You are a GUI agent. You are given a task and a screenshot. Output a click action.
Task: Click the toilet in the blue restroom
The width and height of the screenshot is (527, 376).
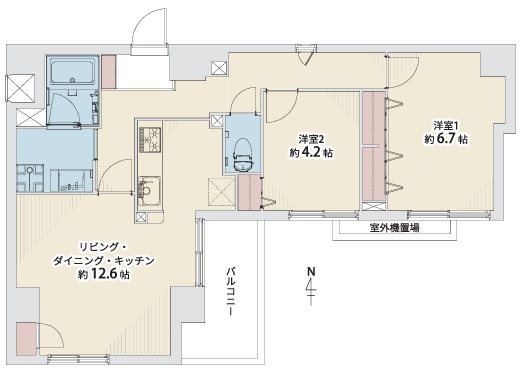pyautogui.click(x=243, y=154)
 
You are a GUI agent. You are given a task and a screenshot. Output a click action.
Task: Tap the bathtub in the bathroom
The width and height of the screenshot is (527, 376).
pyautogui.click(x=72, y=70)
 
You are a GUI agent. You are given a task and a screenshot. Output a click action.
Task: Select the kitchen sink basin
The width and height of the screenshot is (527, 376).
pyautogui.click(x=149, y=191)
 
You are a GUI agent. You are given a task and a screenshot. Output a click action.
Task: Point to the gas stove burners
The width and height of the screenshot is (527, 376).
pyautogui.click(x=149, y=139)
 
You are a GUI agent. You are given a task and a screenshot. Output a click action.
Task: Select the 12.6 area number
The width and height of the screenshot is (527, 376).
pyautogui.click(x=104, y=275)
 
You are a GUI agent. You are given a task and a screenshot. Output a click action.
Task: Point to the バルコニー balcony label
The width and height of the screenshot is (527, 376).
pyautogui.click(x=230, y=292)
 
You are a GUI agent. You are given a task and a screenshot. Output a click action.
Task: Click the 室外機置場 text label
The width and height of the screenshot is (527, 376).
pyautogui.click(x=394, y=228)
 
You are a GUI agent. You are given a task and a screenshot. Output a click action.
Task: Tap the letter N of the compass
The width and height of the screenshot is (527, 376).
pyautogui.click(x=312, y=271)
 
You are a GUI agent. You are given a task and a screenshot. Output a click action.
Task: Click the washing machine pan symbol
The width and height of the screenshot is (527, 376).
pyautogui.click(x=30, y=178)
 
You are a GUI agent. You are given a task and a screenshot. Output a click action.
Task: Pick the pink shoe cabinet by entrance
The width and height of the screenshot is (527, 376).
pyautogui.click(x=108, y=72)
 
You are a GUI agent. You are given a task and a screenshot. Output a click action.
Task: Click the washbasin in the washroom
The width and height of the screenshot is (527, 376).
pyautogui.click(x=72, y=181)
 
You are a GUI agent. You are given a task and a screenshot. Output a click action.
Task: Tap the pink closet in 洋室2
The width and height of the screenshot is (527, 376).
pyautogui.click(x=249, y=193)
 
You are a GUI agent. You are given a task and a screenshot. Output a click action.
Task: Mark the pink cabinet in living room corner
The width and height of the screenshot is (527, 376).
pyautogui.click(x=26, y=339)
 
